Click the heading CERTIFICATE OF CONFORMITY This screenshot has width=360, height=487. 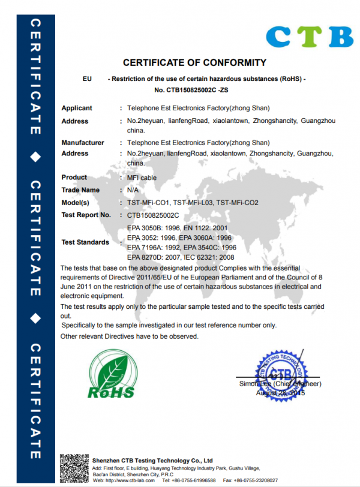[x=194, y=62]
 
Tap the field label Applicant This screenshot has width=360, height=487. [x=77, y=109]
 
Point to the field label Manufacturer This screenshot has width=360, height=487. [x=83, y=143]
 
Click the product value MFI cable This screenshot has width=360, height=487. [x=142, y=178]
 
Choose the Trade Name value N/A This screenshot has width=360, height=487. [x=133, y=190]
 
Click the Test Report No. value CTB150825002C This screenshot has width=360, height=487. [x=154, y=215]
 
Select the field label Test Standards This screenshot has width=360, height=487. [x=85, y=242]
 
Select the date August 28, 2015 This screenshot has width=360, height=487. [x=280, y=393]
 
